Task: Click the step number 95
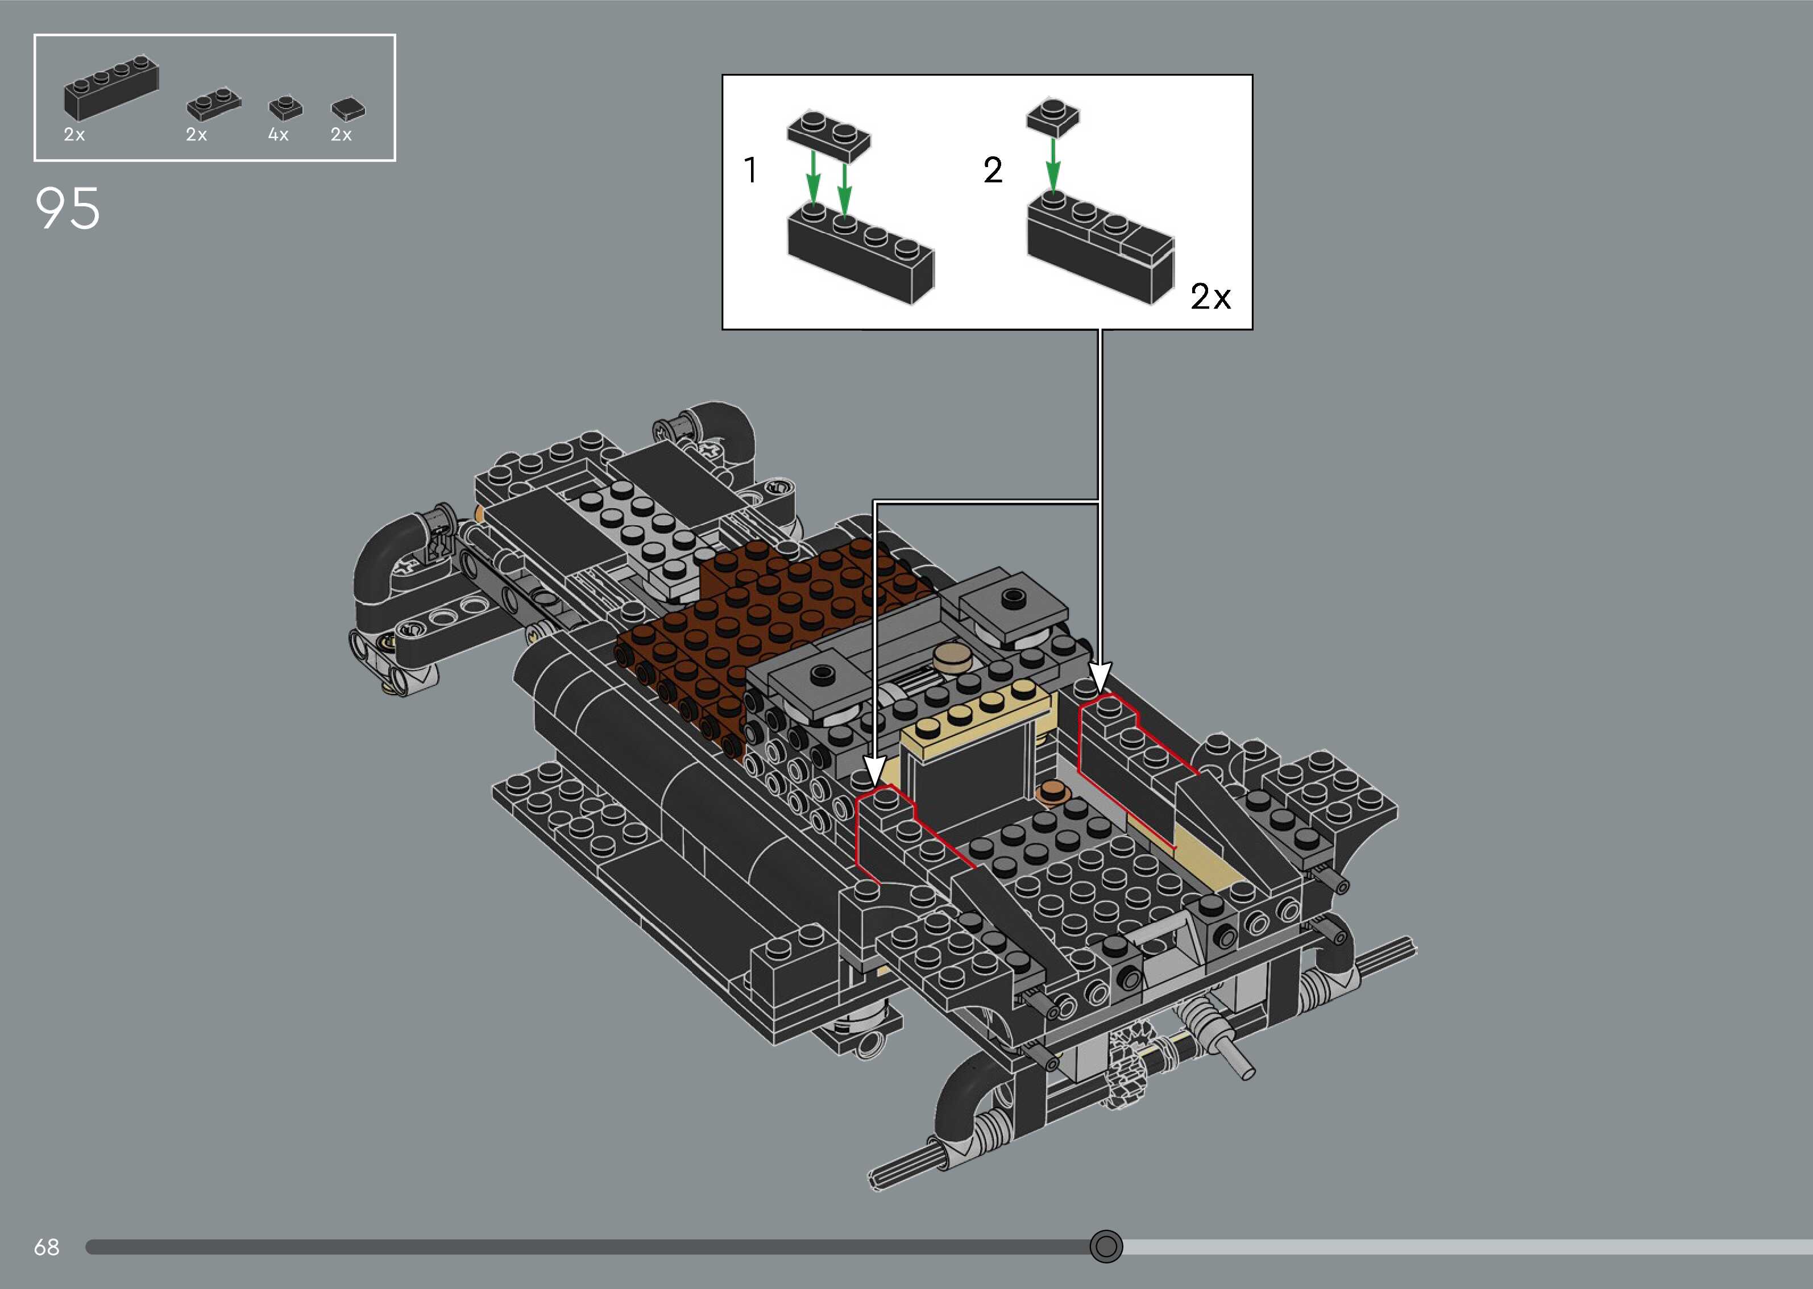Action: [68, 209]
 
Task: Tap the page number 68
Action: [46, 1247]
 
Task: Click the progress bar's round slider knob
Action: [1106, 1246]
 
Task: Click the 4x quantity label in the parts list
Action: [278, 135]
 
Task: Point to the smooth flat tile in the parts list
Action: [348, 110]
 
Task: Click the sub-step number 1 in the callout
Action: [750, 170]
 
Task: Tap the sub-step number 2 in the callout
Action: [992, 170]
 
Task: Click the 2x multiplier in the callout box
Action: [1210, 297]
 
